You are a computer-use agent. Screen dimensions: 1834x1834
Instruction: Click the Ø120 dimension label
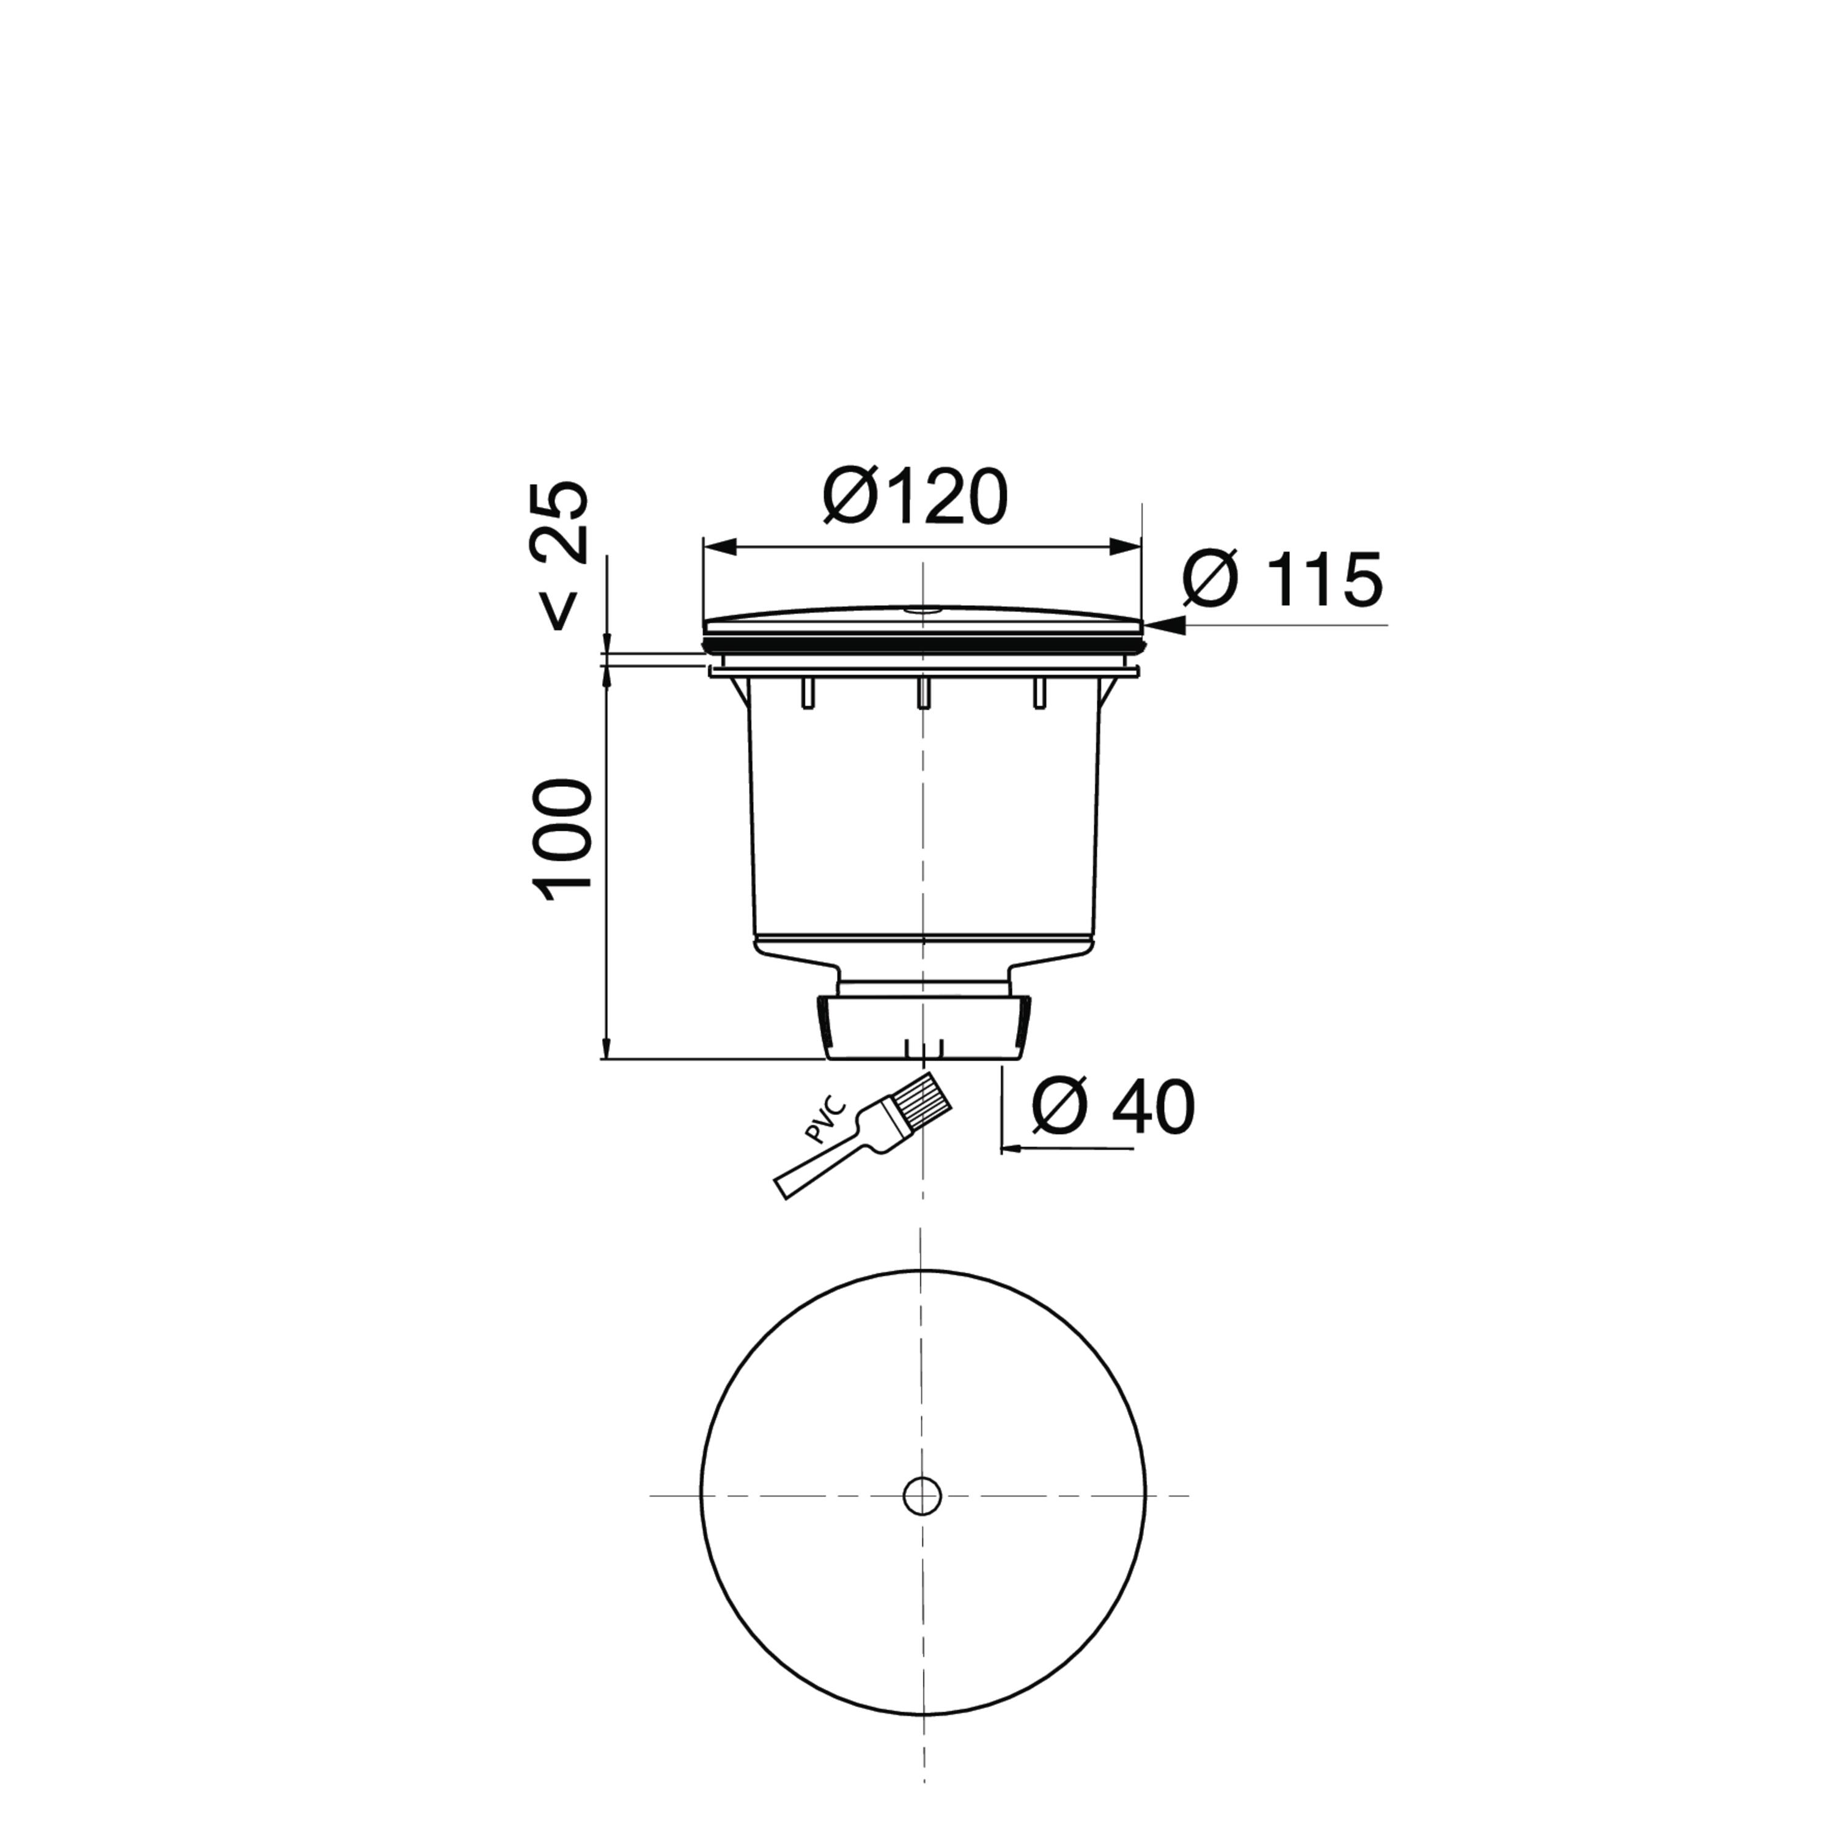click(x=915, y=496)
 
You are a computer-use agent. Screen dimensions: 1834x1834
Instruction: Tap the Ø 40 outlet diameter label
click(x=1113, y=1107)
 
